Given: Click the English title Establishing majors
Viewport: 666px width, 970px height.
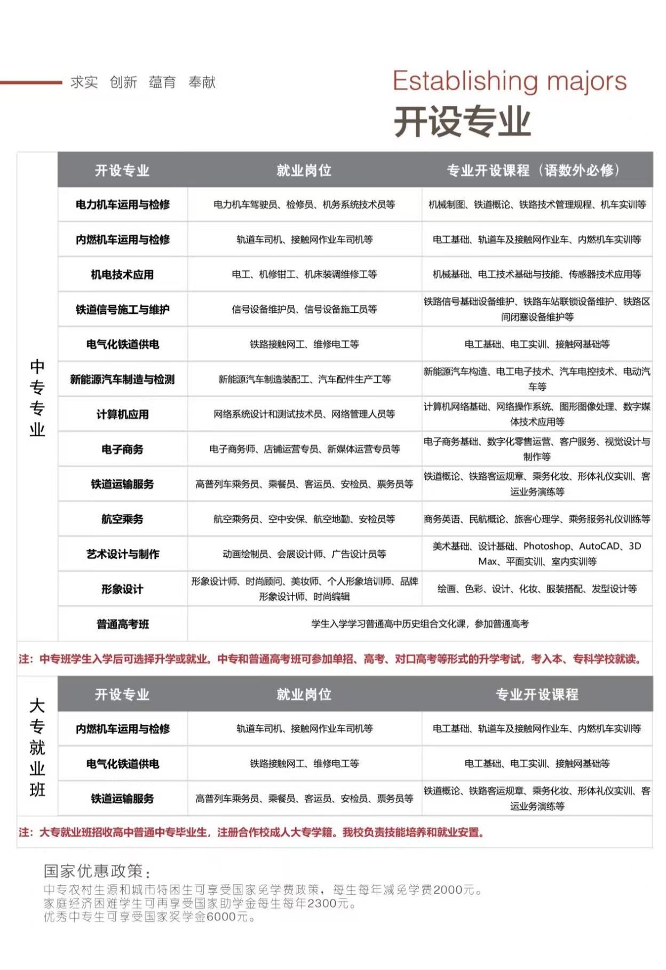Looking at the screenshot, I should [x=510, y=81].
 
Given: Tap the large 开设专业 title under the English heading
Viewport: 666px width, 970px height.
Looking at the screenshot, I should [x=462, y=121].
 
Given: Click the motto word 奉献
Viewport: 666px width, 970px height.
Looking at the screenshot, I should [x=202, y=82].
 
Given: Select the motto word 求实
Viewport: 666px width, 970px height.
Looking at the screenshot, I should [x=84, y=82].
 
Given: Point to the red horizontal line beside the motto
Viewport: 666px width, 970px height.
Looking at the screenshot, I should [x=31, y=82].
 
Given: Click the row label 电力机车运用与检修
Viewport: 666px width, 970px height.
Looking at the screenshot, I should [x=122, y=204].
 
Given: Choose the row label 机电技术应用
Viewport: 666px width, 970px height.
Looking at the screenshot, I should [x=122, y=274].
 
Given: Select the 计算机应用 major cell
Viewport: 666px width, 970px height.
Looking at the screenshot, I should [x=122, y=414].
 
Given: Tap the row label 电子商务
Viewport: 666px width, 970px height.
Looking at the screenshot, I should [x=122, y=449].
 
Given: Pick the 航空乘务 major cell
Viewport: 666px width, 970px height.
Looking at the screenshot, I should [x=122, y=519].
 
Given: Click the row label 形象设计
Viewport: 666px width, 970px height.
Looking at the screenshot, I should [x=122, y=589].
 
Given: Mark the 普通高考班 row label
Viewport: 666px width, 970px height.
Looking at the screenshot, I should [x=122, y=624].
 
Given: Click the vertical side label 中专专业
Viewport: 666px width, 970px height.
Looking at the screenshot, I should [x=37, y=398].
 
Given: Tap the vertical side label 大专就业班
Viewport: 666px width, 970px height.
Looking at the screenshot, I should [x=37, y=747].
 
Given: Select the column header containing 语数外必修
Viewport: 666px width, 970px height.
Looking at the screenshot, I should [x=534, y=170].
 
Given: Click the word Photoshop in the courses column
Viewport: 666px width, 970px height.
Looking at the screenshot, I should [x=547, y=546].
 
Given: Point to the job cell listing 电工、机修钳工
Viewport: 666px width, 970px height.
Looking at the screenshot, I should [x=304, y=274].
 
